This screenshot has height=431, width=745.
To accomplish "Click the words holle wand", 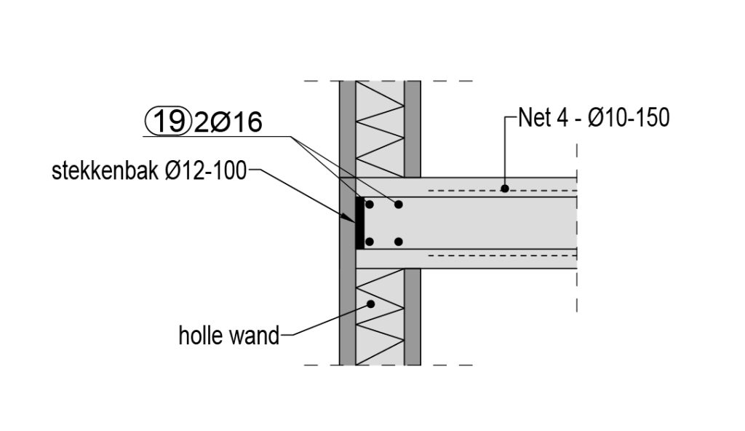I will click(228, 336).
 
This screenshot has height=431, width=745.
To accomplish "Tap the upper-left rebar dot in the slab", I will click(370, 205).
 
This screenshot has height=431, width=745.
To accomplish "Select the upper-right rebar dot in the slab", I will click(398, 205).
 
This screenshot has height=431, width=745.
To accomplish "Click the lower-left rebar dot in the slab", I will click(370, 241).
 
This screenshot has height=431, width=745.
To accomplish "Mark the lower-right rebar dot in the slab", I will click(398, 241).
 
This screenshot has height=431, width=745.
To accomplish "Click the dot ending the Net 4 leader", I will click(504, 189).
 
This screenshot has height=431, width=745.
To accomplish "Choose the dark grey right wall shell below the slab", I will click(413, 317).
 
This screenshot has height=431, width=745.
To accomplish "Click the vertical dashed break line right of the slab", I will click(577, 218).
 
